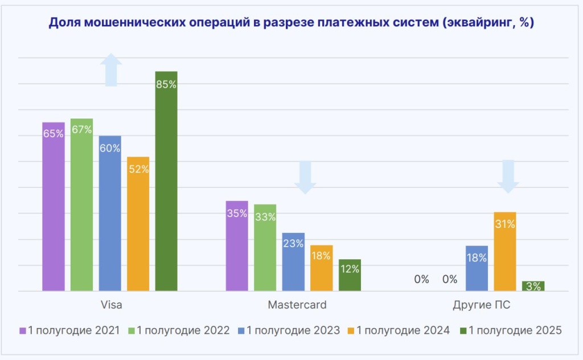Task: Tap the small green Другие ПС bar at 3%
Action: click(533, 286)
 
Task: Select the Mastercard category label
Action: click(297, 305)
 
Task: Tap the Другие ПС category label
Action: click(481, 305)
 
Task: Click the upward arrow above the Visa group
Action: click(111, 70)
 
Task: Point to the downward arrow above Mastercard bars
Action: click(305, 177)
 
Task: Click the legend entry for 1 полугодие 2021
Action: click(70, 330)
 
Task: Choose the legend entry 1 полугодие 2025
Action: click(511, 330)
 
